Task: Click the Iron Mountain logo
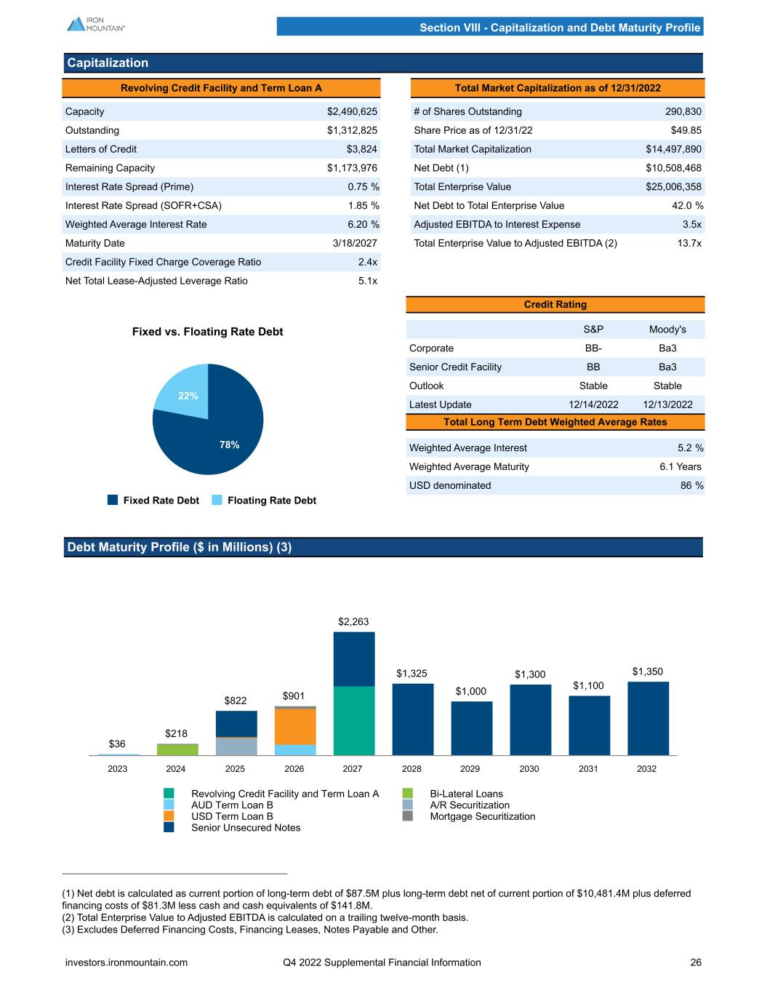(x=96, y=24)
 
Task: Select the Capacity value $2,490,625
(x=352, y=111)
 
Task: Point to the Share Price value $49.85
(x=686, y=130)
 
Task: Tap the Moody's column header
(x=667, y=330)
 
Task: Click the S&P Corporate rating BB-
(x=593, y=348)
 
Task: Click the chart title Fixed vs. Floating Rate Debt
(x=207, y=332)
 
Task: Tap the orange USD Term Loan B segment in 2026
(x=294, y=726)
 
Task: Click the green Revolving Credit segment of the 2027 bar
(x=354, y=720)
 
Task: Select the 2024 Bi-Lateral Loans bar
(x=177, y=749)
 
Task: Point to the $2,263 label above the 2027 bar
(x=353, y=622)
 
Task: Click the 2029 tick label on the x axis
(x=470, y=769)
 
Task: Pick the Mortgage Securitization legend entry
(x=482, y=816)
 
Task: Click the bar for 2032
(x=648, y=718)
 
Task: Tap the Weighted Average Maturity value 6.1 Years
(x=680, y=466)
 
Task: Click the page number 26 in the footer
(x=696, y=962)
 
